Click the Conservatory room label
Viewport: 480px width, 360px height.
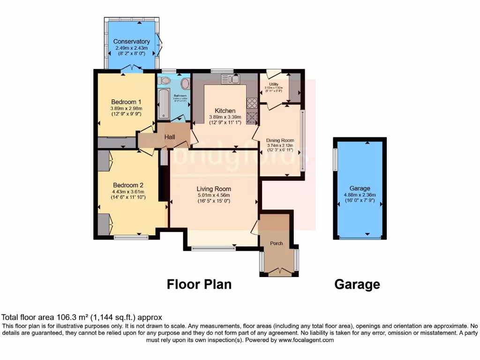[132, 42]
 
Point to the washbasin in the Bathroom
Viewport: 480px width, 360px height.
[185, 84]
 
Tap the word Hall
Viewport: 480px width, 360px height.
[169, 136]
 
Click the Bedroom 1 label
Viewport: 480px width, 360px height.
[126, 102]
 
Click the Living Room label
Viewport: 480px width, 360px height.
[214, 189]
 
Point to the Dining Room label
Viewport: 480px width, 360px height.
[280, 140]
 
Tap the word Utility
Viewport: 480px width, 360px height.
[274, 84]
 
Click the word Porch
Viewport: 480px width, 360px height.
[277, 243]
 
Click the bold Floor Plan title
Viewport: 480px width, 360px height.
[199, 284]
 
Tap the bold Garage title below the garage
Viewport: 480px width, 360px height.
[357, 284]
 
